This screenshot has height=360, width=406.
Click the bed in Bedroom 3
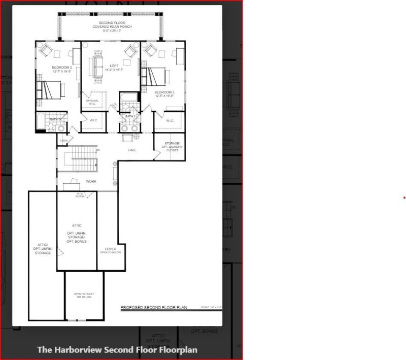coord(154,75)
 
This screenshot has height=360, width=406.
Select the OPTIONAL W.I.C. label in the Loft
coord(93,102)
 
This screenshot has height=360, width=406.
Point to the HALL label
coord(132,150)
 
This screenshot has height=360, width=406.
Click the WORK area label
coord(91,181)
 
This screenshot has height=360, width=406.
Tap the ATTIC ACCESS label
coord(80,195)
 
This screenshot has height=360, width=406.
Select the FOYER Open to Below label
coord(111,250)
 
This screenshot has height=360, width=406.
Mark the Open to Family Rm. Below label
coord(84,296)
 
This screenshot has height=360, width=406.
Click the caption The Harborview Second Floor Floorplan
coord(117,350)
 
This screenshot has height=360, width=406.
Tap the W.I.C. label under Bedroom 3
coord(170,120)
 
